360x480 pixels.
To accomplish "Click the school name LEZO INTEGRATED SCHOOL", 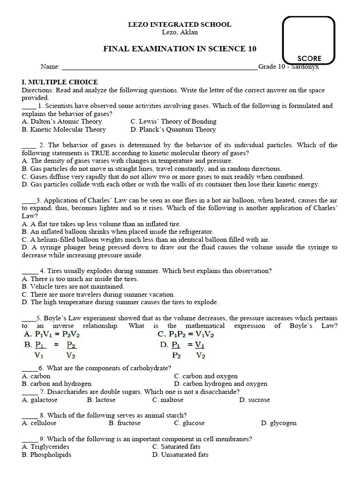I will pos(180,24).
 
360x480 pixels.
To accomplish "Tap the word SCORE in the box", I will pos(309,59).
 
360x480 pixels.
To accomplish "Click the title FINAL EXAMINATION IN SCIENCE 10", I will pos(180,49).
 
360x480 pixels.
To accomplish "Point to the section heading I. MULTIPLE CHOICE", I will pos(60,82).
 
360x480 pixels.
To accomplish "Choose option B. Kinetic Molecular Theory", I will pos(64,129).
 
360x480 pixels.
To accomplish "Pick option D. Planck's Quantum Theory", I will pos(173,129).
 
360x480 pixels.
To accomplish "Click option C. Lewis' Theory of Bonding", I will pos(173,121).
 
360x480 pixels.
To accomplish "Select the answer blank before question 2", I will pos(29,145).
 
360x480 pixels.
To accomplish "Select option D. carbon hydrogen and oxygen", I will pos(221,384).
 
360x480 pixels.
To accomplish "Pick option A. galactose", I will pos(40,400).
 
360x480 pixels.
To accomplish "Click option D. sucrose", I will pos(255,400).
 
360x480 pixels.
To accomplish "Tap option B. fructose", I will pos(125,423).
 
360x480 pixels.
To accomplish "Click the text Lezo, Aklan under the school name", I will pos(180,32).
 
